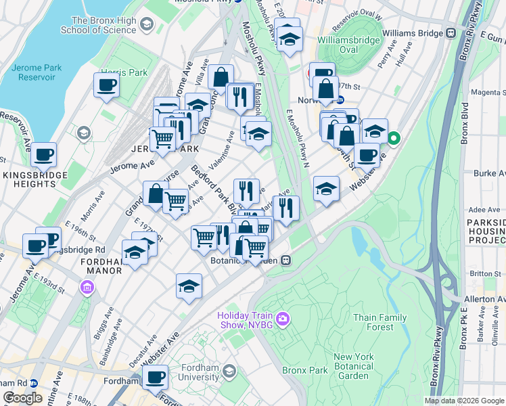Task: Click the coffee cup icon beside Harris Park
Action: click(x=106, y=85)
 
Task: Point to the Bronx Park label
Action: click(x=305, y=370)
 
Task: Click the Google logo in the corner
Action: click(x=22, y=398)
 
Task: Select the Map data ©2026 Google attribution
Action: click(x=464, y=401)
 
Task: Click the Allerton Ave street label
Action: click(x=484, y=298)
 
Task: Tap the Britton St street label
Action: click(x=485, y=273)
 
